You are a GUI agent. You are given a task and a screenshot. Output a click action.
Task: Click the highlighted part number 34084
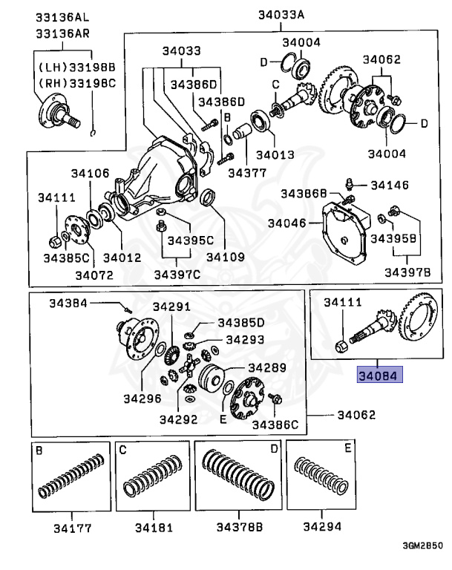(x=379, y=376)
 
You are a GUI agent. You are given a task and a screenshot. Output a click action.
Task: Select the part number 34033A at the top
(x=281, y=14)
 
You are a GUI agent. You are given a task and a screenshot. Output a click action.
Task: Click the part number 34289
(x=266, y=367)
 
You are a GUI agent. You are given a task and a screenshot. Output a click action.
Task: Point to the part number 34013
(x=275, y=156)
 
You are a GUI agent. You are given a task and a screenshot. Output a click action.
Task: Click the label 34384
(x=68, y=302)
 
